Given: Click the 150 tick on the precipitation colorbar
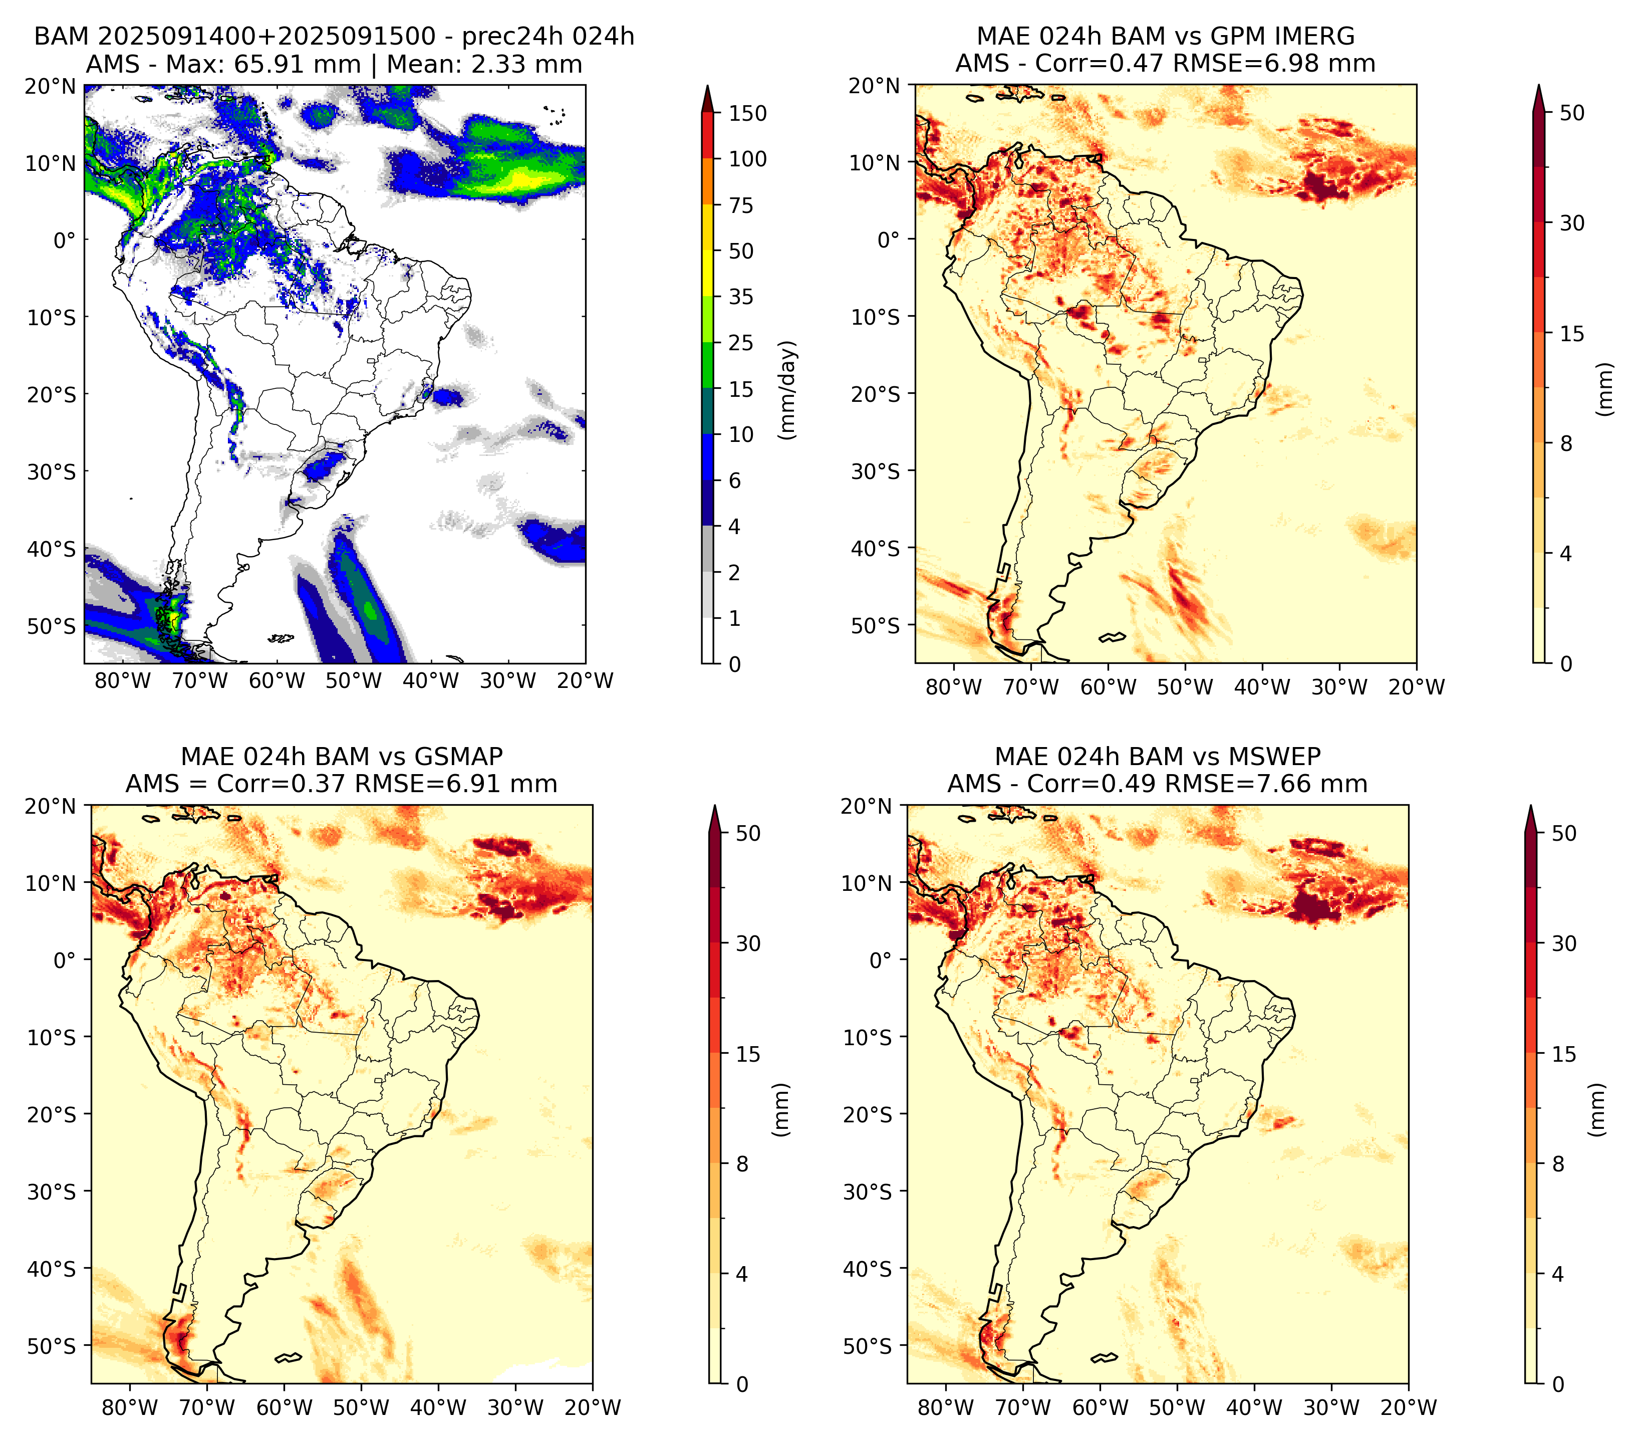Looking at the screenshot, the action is point(747,113).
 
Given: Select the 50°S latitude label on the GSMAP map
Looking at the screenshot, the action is point(52,1345).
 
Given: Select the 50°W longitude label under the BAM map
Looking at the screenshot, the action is point(354,680).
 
